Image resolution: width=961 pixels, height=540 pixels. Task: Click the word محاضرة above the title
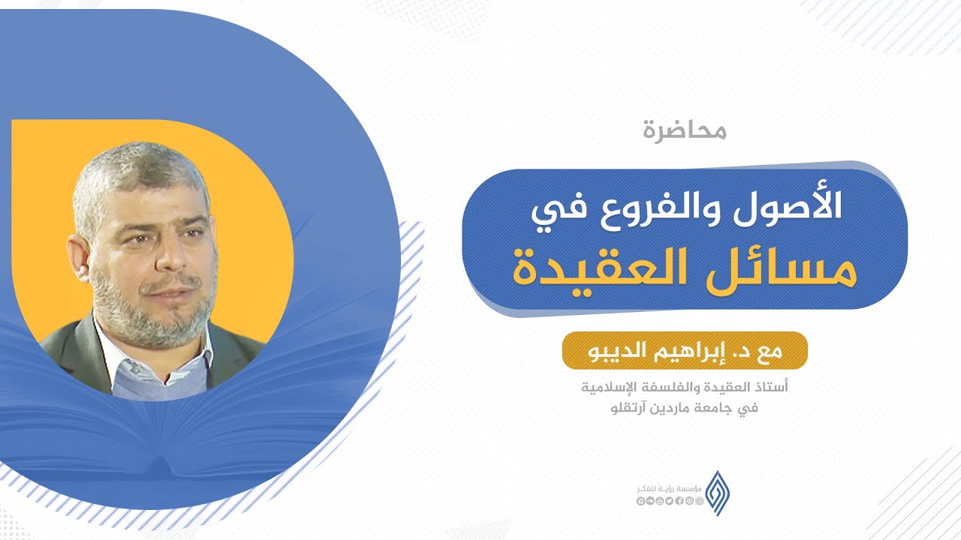pos(685,130)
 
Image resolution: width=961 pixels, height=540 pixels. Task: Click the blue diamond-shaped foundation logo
pos(717,493)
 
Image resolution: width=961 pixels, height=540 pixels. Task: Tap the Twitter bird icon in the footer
pos(670,500)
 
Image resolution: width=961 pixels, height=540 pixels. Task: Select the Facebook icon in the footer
pos(679,500)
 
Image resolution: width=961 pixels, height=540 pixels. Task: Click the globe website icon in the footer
pos(699,500)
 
